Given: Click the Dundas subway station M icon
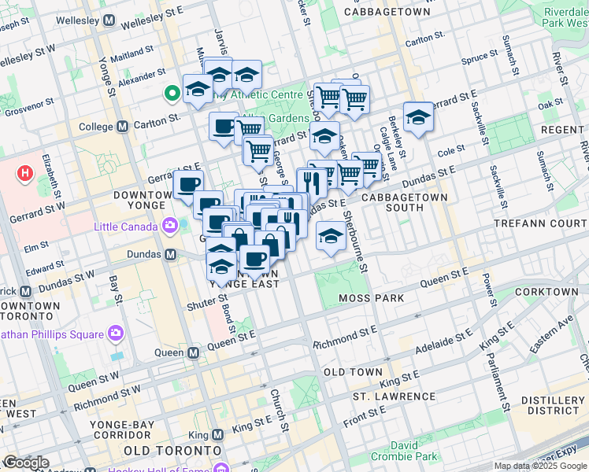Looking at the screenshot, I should pos(170,255).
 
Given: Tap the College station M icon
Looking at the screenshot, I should pos(122,126).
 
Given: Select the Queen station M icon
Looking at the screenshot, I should pos(193,353).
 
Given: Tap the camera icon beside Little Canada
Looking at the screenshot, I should pos(169,227).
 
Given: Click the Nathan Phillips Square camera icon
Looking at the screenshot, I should pos(116,334).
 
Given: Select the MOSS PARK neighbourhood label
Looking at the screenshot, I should pos(371,298).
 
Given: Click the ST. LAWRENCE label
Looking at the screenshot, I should pos(394,396).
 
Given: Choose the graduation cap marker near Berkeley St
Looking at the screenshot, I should pos(418,117).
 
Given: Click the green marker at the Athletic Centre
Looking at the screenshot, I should pos(171,94).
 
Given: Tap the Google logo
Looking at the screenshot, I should pos(25,463).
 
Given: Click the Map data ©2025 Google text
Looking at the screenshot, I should pos(540,466).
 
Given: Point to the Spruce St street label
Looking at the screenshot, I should pos(480,57).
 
